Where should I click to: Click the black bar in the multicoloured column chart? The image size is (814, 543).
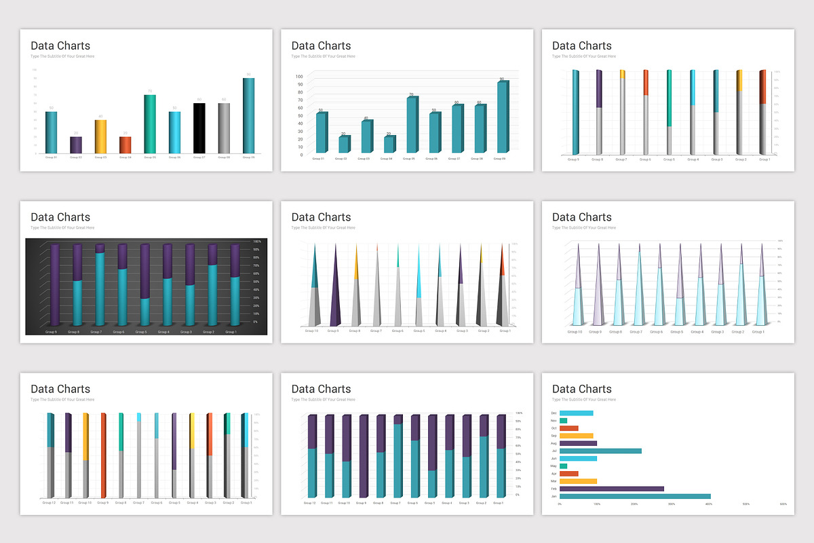click(199, 128)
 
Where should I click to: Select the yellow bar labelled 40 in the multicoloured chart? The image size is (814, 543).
click(100, 136)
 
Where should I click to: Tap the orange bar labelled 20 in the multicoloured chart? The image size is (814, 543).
click(125, 145)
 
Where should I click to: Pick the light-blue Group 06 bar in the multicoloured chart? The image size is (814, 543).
click(174, 132)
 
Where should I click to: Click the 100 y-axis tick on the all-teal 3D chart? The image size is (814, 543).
click(299, 77)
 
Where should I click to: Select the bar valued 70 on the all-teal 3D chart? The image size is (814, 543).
click(412, 125)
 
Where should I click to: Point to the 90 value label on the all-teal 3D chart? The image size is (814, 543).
click(501, 79)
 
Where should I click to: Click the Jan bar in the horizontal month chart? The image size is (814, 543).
click(635, 496)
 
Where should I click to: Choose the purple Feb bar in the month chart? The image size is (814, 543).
click(611, 488)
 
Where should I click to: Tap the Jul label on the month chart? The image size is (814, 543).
click(554, 451)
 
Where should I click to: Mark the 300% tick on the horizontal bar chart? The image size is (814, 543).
click(672, 504)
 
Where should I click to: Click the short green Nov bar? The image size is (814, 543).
click(563, 421)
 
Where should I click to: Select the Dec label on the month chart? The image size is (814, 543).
click(554, 413)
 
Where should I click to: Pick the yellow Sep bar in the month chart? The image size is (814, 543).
click(576, 436)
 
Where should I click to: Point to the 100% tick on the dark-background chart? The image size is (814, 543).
click(256, 242)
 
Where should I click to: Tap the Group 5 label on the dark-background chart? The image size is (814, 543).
click(141, 332)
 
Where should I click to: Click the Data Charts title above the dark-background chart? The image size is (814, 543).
click(60, 217)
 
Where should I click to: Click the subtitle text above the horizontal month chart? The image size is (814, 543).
click(584, 400)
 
